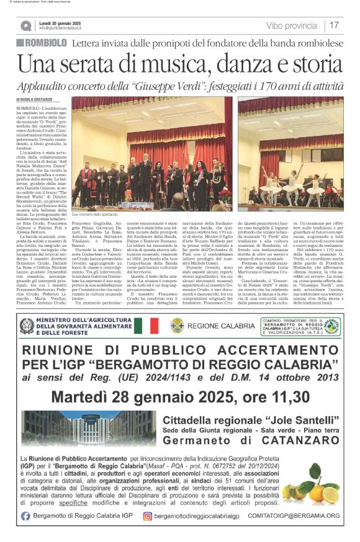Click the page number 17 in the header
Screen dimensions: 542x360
[335, 25]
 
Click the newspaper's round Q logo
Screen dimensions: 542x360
[26, 25]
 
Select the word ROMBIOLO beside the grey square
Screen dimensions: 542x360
[46, 43]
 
